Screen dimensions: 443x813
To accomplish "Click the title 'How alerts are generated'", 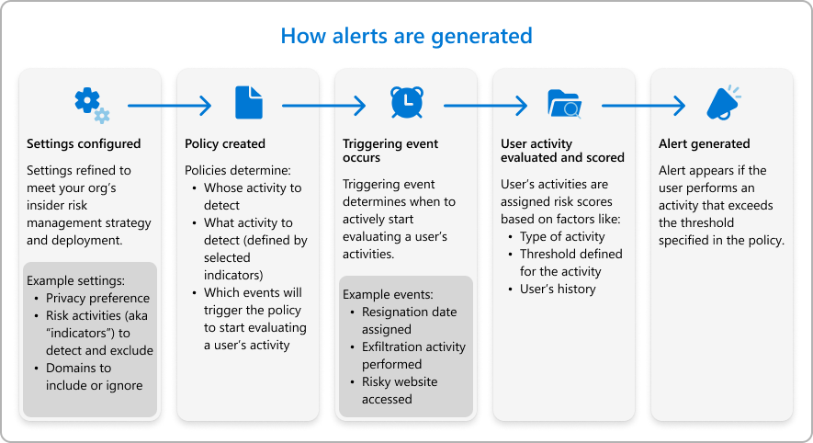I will pyautogui.click(x=406, y=36).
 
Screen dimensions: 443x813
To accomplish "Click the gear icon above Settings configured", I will pyautogui.click(x=90, y=103).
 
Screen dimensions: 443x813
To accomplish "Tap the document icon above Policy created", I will pyautogui.click(x=248, y=102).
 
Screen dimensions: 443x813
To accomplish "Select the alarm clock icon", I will pyautogui.click(x=406, y=102).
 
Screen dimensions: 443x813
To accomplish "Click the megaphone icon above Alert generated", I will pyautogui.click(x=723, y=102).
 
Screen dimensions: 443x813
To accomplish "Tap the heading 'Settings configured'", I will pyautogui.click(x=84, y=143).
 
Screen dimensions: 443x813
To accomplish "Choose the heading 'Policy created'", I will pyautogui.click(x=225, y=143).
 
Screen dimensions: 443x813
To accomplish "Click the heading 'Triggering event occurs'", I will pyautogui.click(x=390, y=151).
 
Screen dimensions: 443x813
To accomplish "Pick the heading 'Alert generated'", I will pyautogui.click(x=704, y=143).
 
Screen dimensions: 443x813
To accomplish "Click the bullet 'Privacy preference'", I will pyautogui.click(x=96, y=298).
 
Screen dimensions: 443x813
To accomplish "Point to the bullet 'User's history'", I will pyautogui.click(x=558, y=289).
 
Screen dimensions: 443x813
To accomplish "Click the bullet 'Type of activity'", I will pyautogui.click(x=563, y=236).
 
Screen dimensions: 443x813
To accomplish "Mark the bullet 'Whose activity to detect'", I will pyautogui.click(x=252, y=197).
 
